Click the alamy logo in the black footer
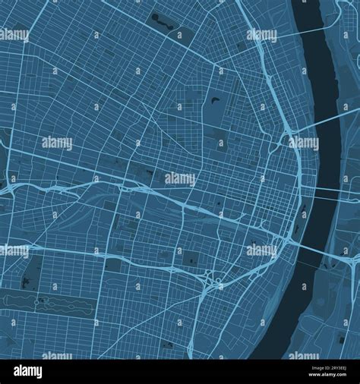29,371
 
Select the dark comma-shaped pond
216,100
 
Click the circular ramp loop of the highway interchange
216,285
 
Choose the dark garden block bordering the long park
32,273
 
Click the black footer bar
180,371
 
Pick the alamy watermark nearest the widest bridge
261,249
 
